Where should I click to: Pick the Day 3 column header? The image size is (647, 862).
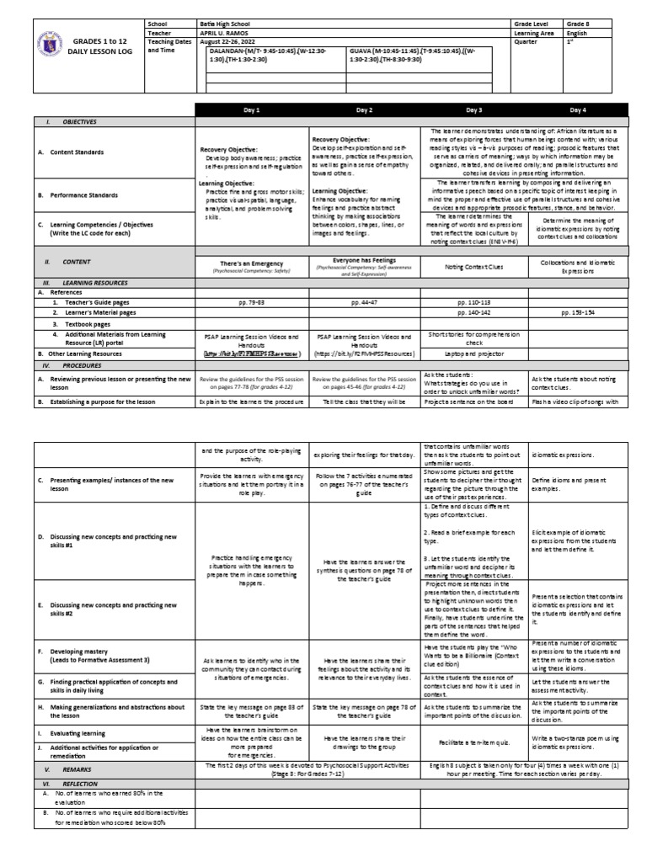coord(474,110)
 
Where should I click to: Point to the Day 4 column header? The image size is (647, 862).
coord(576,110)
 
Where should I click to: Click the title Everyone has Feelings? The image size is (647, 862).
coord(364,261)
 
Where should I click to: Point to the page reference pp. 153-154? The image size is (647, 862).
coord(576,311)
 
